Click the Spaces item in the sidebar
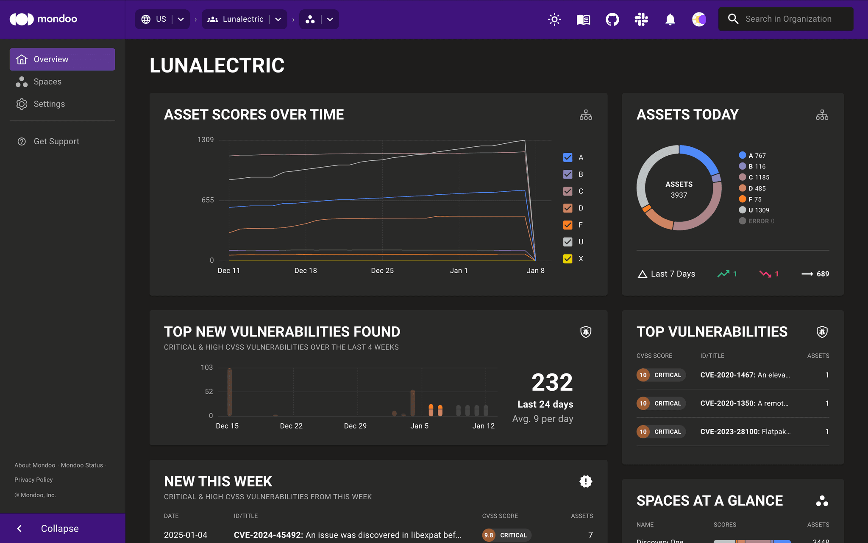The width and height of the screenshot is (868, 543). point(47,82)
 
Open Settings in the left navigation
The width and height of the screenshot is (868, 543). point(49,104)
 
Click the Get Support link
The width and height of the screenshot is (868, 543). point(56,142)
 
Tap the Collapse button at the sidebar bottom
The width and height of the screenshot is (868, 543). point(59,529)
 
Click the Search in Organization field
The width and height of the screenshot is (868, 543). point(788,19)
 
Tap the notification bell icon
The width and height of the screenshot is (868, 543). point(670,20)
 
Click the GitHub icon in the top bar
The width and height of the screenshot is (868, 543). point(612,20)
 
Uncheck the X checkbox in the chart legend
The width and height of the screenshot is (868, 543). point(568,259)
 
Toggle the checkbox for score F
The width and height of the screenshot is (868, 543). point(568,225)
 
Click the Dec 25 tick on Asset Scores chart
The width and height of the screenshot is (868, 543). point(382,271)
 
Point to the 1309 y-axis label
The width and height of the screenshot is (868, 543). point(206,140)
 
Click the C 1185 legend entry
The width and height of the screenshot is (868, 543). point(758,178)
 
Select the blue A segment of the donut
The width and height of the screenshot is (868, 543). point(699,157)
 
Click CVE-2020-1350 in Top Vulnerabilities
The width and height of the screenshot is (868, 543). point(744,403)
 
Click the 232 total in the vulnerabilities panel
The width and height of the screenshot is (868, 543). point(552,383)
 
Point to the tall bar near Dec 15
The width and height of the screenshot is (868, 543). point(230,392)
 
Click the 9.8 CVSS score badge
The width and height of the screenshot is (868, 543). point(489,535)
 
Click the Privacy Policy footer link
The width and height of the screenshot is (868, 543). point(33,480)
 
